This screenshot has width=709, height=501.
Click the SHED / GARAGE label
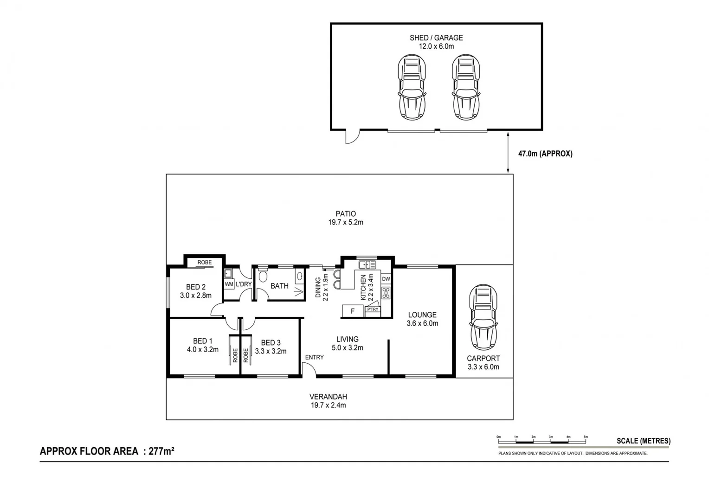(436, 38)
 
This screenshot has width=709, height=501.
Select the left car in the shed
(412, 87)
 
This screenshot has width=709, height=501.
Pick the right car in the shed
(465, 87)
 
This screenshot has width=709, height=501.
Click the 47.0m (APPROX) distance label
(545, 154)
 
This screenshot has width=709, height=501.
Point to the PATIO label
(346, 214)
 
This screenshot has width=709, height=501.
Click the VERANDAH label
(328, 397)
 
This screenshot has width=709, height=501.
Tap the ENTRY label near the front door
(314, 357)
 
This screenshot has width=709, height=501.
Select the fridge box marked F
(353, 311)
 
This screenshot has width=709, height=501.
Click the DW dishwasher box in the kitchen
(386, 279)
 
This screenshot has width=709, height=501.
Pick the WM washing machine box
(229, 284)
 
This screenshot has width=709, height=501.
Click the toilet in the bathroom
(263, 276)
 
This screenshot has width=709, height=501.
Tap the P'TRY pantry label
(373, 309)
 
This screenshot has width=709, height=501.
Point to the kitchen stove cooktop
(386, 293)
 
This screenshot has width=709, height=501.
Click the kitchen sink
(367, 265)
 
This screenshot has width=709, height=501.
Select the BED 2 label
(195, 287)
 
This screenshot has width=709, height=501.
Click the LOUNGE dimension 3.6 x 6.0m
(422, 324)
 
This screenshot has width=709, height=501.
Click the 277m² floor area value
(161, 451)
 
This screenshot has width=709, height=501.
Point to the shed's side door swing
(353, 137)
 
